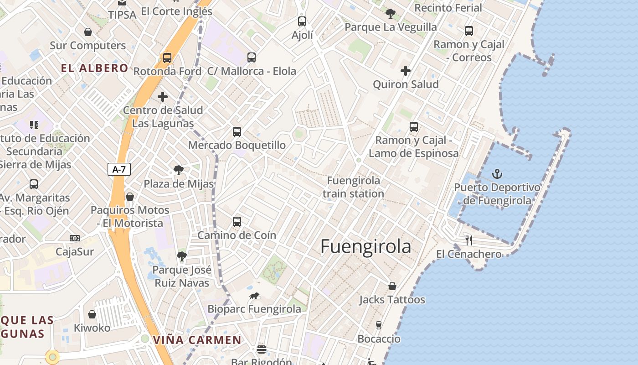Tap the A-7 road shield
pyautogui.click(x=119, y=169)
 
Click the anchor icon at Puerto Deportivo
pyautogui.click(x=497, y=174)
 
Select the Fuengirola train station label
pyautogui.click(x=353, y=187)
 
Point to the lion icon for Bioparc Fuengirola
pyautogui.click(x=254, y=296)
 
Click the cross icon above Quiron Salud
pyautogui.click(x=405, y=71)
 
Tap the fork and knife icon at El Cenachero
pyautogui.click(x=468, y=240)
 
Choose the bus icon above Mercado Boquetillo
pyautogui.click(x=237, y=132)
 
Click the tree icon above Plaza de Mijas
pyautogui.click(x=179, y=171)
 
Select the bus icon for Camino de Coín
pyautogui.click(x=237, y=222)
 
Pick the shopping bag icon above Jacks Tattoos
pyautogui.click(x=392, y=286)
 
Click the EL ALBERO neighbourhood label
pyautogui.click(x=95, y=68)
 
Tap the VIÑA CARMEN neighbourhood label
pyautogui.click(x=197, y=340)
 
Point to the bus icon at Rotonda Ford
pyautogui.click(x=167, y=58)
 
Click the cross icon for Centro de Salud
pyautogui.click(x=163, y=97)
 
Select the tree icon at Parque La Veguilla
pyautogui.click(x=391, y=13)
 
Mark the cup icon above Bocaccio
pyautogui.click(x=378, y=325)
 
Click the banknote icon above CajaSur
pyautogui.click(x=75, y=238)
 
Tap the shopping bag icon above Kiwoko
pyautogui.click(x=92, y=314)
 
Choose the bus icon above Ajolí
pyautogui.click(x=302, y=21)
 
